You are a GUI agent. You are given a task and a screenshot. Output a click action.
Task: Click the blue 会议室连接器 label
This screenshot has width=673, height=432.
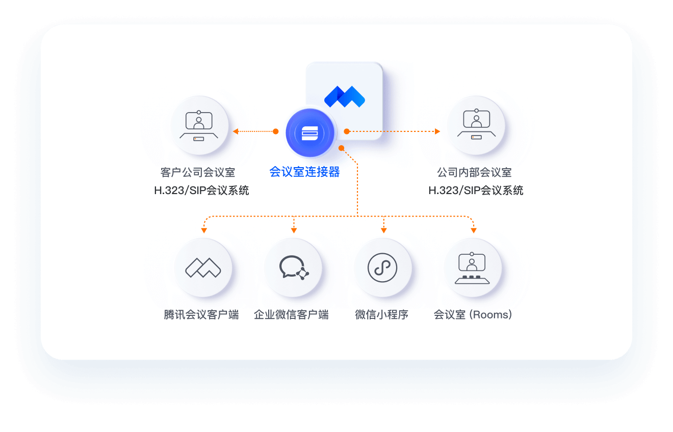(304, 172)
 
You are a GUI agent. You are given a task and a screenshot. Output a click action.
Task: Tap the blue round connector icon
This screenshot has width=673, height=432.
(310, 132)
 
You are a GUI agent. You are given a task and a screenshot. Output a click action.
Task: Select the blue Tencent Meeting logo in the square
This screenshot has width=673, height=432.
(345, 97)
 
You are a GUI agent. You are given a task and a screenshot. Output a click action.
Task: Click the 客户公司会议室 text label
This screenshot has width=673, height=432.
(198, 172)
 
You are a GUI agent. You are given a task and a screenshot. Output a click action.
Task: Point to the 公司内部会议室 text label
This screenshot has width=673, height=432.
(474, 172)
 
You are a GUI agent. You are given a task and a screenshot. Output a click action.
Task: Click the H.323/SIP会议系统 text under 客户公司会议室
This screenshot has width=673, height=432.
(201, 191)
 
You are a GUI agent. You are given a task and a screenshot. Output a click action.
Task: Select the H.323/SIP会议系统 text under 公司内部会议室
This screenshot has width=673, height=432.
(476, 191)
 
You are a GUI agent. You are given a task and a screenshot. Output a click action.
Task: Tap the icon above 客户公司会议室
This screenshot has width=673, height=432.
(199, 126)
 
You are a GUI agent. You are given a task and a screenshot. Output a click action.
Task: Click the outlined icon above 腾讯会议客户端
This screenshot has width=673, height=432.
(203, 267)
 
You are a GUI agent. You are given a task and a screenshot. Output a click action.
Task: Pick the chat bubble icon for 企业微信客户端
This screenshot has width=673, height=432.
(294, 267)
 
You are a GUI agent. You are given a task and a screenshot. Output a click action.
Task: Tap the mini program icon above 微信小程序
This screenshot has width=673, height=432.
(382, 267)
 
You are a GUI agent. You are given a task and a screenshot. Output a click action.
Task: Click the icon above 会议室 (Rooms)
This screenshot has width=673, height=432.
(472, 268)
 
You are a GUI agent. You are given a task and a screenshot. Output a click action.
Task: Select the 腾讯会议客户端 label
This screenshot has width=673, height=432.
(201, 315)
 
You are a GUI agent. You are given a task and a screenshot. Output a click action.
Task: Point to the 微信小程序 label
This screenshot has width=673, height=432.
(381, 315)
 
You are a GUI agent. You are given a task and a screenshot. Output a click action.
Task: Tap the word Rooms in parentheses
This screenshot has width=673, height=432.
(490, 315)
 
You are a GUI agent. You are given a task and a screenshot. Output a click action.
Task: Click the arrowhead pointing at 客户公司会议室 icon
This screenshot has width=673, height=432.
(236, 131)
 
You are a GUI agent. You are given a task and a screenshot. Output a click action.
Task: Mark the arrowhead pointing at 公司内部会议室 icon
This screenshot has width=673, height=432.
(437, 131)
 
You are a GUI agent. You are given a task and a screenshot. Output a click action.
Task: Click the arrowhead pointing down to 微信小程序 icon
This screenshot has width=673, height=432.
(384, 231)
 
